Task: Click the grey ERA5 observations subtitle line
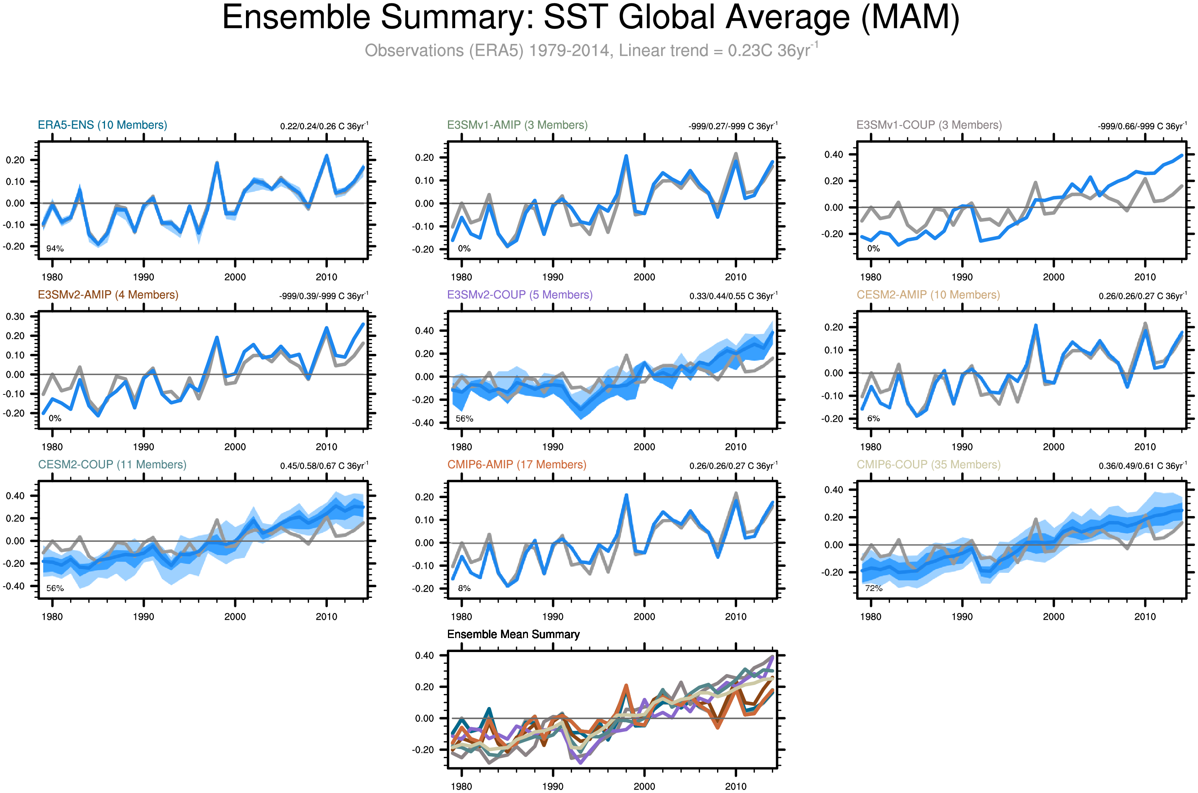pos(590,50)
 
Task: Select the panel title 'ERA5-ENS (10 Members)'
pos(102,125)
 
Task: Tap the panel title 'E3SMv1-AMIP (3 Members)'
pos(517,125)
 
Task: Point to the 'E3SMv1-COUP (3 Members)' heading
pos(929,125)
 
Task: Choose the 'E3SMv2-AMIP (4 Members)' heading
pos(108,295)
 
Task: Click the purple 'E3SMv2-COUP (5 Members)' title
pos(520,295)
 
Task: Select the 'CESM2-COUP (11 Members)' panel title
pos(112,465)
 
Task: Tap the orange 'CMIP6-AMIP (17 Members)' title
pos(517,465)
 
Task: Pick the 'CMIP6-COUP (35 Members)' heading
pos(929,465)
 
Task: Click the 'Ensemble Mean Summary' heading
pos(513,634)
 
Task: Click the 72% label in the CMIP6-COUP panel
pos(873,588)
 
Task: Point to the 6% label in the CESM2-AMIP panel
pos(873,419)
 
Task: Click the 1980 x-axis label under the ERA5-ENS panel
pos(52,277)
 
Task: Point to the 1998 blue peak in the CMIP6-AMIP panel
pos(626,495)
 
